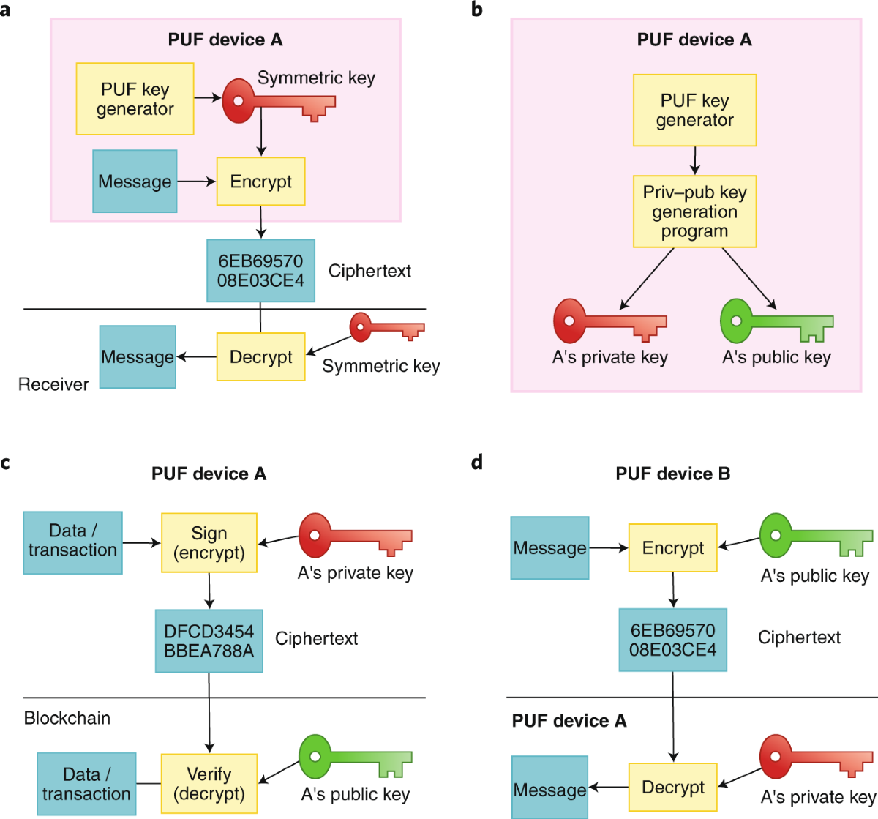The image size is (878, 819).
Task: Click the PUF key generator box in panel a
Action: pos(135,99)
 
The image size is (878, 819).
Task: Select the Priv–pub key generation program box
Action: pos(694,212)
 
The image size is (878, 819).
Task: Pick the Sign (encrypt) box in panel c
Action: pos(209,543)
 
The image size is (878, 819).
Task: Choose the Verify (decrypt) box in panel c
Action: pos(209,784)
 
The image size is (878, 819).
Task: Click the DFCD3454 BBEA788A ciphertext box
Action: pos(209,641)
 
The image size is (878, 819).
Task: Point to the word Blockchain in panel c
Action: pos(67,718)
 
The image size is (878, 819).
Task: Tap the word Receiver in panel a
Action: pos(53,384)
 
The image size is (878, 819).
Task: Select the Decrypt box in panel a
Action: pos(260,357)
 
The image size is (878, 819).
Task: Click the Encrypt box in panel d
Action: pos(672,548)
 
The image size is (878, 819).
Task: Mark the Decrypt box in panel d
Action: pos(672,788)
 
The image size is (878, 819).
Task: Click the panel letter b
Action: pos(477,10)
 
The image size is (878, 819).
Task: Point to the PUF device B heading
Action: pos(672,474)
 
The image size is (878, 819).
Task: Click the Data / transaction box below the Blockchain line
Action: pos(86,784)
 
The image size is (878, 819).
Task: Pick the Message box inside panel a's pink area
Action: pos(135,182)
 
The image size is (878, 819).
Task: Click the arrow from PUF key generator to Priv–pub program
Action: pos(694,160)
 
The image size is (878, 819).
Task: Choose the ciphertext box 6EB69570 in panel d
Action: pos(672,640)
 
